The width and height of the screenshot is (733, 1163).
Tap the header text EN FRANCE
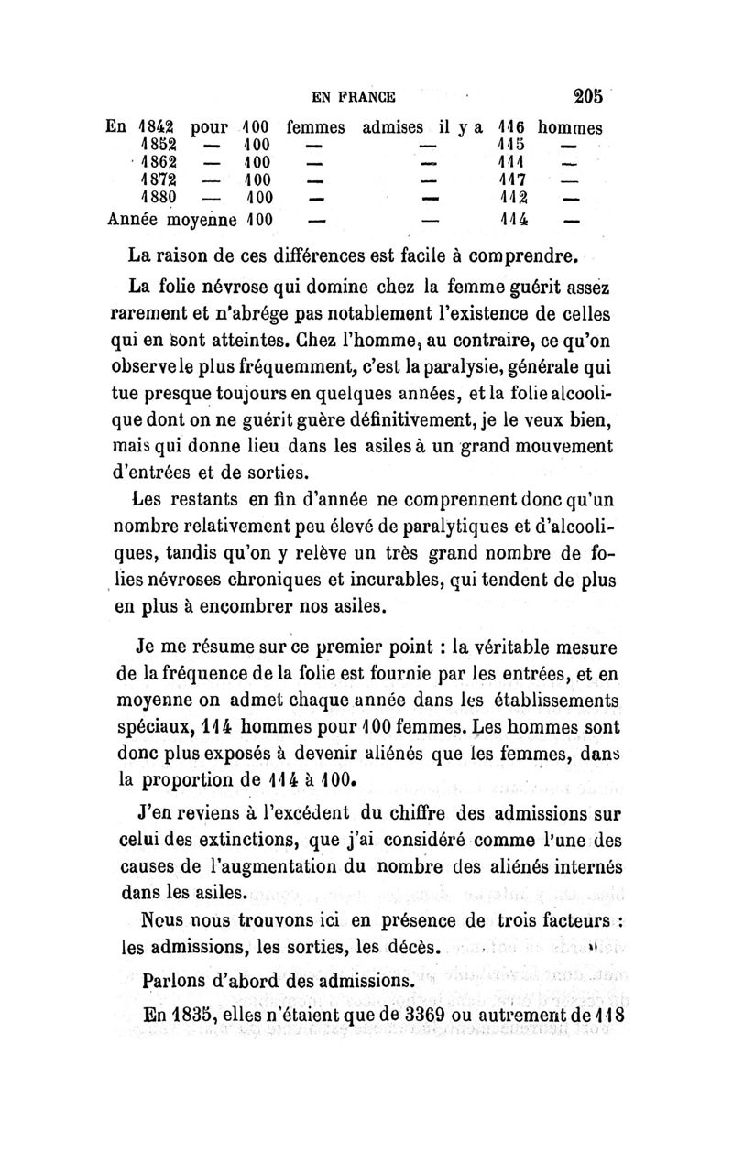[x=354, y=95]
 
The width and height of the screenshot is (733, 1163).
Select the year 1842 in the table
[x=157, y=124]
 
